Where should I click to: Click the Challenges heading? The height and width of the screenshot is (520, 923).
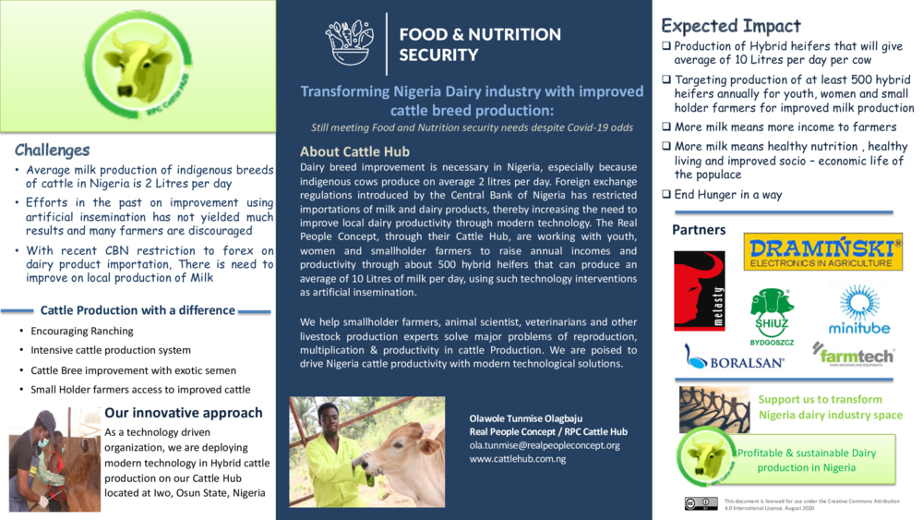53,150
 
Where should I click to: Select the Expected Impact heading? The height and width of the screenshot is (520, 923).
731,26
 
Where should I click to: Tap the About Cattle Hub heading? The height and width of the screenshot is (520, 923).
354,151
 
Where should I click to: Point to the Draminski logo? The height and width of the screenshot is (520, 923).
822,251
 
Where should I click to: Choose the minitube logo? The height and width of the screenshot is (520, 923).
859,309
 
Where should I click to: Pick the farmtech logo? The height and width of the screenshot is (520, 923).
853,353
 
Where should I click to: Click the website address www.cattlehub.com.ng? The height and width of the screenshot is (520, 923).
518,459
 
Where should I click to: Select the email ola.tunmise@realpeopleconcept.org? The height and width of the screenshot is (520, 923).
545,445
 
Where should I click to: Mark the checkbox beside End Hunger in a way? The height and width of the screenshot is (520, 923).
666,195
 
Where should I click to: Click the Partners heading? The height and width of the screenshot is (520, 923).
698,229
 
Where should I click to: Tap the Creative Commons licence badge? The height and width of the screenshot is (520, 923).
701,503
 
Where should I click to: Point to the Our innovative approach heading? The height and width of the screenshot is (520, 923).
184,413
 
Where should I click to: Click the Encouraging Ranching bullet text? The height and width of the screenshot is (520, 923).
82,331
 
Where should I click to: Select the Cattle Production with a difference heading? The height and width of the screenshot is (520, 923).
138,310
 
